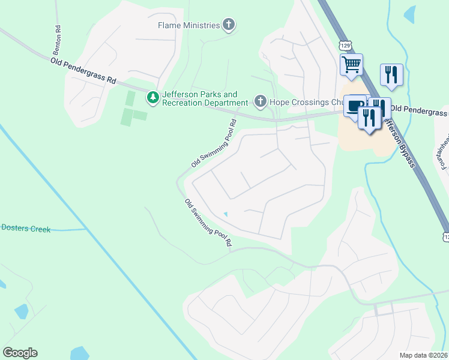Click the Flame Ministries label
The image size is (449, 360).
pos(188,25)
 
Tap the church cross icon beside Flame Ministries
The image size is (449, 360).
pos(228,25)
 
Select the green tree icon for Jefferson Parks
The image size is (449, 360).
pos(153,98)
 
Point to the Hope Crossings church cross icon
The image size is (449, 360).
pos(260,101)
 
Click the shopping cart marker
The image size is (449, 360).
pos(351,64)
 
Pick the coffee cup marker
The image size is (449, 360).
pos(355,105)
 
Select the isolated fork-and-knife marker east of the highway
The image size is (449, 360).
pos(391,74)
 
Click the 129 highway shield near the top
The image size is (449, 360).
pos(344,46)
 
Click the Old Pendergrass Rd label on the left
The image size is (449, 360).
pos(83,70)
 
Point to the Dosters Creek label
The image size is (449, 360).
pos(25,228)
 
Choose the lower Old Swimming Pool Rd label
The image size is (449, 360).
pos(208,223)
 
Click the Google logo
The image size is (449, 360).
pos(20,353)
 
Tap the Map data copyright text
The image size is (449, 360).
pos(424,355)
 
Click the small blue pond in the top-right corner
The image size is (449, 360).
pos(409,13)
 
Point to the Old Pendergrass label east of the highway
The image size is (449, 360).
pos(419,112)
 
